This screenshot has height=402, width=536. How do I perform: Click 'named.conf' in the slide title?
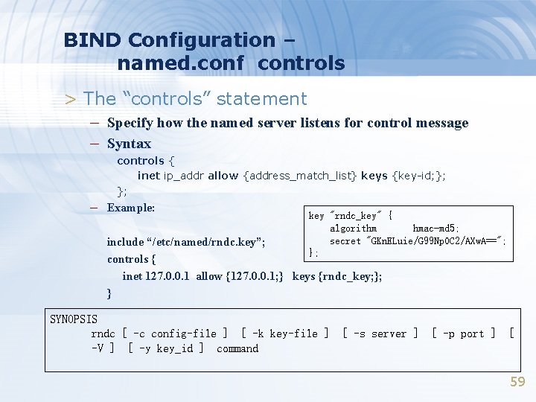[x=180, y=63]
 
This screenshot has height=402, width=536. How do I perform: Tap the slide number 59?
[x=517, y=382]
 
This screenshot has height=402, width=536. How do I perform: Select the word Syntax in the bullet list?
[x=129, y=144]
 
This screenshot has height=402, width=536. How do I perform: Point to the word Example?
[x=131, y=208]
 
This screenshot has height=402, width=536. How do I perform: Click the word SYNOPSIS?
[x=74, y=319]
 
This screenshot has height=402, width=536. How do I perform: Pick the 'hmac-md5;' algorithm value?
[x=436, y=229]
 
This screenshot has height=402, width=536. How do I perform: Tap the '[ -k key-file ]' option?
[x=285, y=334]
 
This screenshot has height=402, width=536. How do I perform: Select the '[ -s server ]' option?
[x=380, y=334]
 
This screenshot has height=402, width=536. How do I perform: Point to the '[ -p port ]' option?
[x=464, y=334]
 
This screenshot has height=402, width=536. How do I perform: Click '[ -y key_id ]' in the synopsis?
[x=166, y=348]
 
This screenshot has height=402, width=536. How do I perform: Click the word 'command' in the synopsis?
[x=237, y=348]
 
